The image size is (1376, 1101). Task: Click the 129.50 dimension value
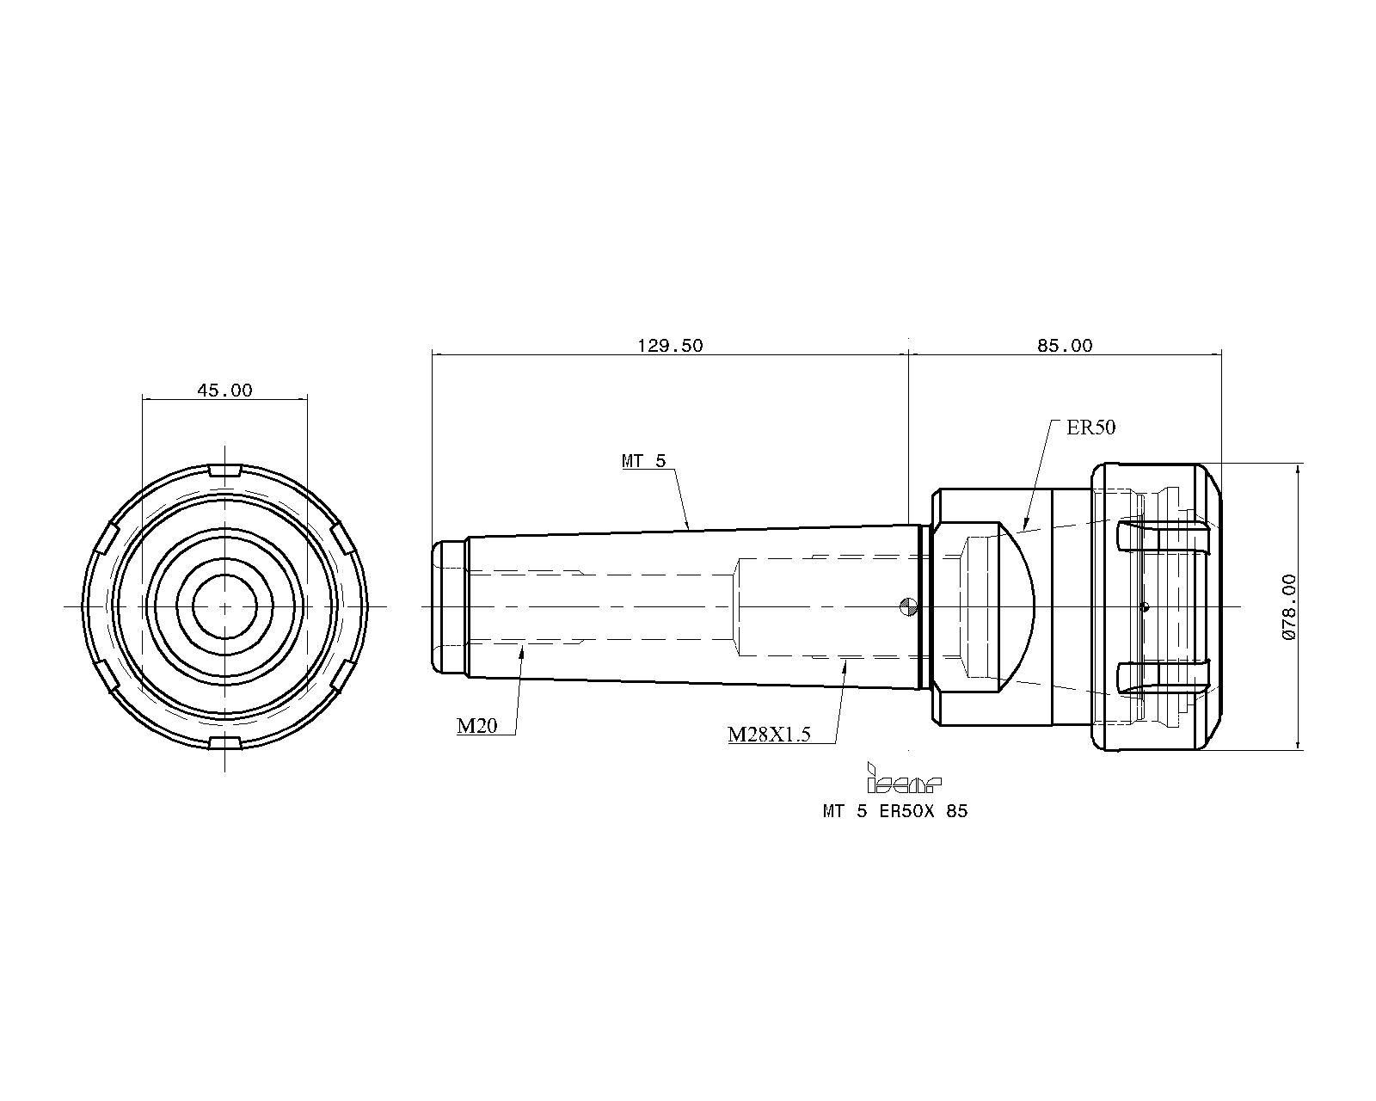pos(670,346)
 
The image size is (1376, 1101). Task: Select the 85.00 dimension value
pos(1065,346)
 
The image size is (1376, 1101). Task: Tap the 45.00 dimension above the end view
pos(224,391)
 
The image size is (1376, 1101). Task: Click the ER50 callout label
pos(1090,427)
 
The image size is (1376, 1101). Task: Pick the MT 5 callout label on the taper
pos(644,461)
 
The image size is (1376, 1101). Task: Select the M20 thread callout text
pos(477,726)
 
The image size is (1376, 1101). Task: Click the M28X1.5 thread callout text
pos(769,735)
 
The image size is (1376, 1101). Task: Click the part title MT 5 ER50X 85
pos(895,811)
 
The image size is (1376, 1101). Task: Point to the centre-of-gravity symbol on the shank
pos(907,606)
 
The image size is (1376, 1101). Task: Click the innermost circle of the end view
pos(225,575)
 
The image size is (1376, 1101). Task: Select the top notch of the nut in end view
pos(225,471)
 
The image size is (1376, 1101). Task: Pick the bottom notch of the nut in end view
pos(225,742)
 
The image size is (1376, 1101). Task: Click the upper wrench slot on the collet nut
pos(1163,538)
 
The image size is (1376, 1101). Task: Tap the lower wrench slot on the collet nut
pos(1163,675)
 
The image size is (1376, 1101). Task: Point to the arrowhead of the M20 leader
pos(523,650)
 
